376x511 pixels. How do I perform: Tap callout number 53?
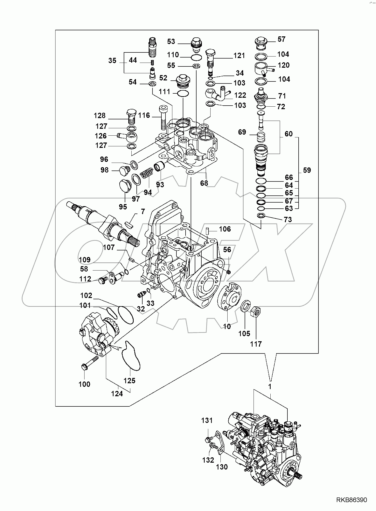pyautogui.click(x=171, y=41)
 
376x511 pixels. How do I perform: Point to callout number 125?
pyautogui.click(x=130, y=380)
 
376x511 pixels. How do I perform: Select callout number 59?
pyautogui.click(x=307, y=170)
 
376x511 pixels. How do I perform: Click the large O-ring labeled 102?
pyautogui.click(x=126, y=315)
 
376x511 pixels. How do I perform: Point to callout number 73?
pyautogui.click(x=288, y=219)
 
